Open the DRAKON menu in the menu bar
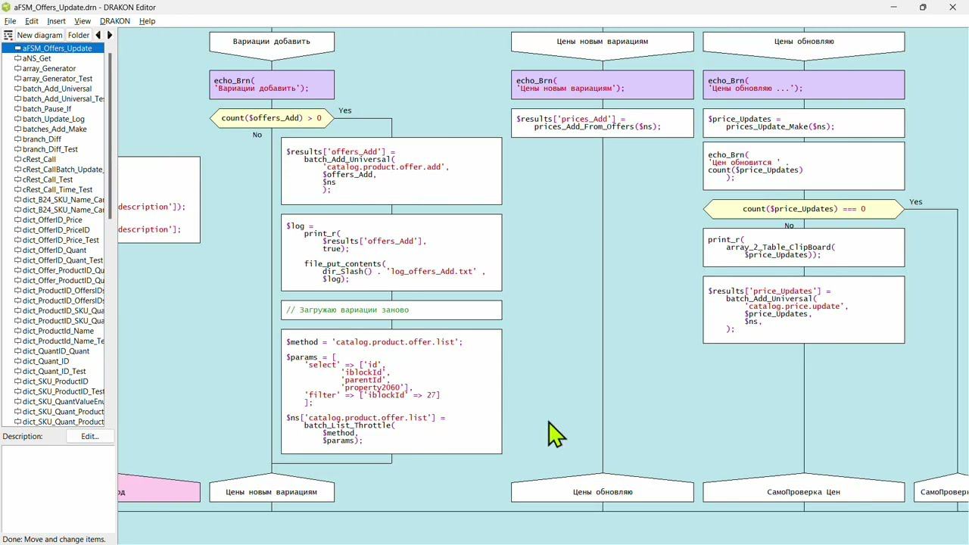coord(114,21)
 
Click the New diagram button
coord(39,35)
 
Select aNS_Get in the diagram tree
coord(36,58)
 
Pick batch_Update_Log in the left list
coord(53,119)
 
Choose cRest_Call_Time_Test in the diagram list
coord(58,190)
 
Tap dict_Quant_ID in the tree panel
coord(45,361)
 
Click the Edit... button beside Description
coord(90,436)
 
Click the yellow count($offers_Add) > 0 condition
coord(271,118)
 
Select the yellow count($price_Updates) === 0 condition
coord(803,209)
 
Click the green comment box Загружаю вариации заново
coord(391,310)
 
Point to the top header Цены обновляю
coord(803,42)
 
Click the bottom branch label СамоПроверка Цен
coord(803,492)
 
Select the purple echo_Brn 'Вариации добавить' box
coord(271,85)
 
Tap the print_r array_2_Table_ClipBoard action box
coord(803,248)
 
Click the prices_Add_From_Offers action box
coord(602,123)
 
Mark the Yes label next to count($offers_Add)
coord(345,111)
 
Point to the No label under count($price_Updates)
coord(789,226)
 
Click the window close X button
coord(952,8)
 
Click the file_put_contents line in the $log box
coord(344,263)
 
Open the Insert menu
coord(56,21)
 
